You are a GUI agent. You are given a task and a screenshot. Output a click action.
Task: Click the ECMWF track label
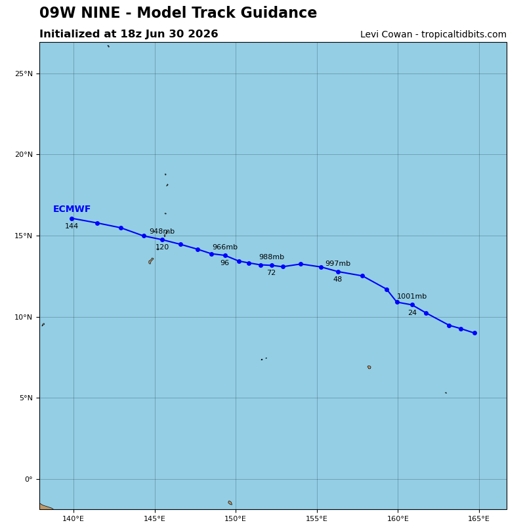(72, 209)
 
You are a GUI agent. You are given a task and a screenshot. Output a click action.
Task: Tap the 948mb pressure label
(162, 232)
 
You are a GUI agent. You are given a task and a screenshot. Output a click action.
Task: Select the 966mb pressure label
(225, 247)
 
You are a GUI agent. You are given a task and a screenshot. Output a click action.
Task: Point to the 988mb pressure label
(272, 257)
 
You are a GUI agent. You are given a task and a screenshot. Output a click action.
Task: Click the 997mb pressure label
(338, 264)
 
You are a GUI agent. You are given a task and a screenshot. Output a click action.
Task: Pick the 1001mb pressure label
(412, 297)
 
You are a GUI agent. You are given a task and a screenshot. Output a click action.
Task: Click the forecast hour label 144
(72, 226)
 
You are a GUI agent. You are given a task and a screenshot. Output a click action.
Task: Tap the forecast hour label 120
(162, 247)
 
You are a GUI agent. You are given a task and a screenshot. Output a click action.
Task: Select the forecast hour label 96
(224, 263)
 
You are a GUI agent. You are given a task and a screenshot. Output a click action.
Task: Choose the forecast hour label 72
(271, 273)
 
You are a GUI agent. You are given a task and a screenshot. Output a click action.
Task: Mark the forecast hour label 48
(337, 280)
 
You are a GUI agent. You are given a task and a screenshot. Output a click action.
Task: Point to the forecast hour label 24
(412, 313)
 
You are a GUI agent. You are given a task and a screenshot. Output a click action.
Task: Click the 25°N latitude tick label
(24, 73)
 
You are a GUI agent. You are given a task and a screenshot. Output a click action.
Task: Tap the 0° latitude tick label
(29, 479)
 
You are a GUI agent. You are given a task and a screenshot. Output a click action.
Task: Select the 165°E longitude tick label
(479, 519)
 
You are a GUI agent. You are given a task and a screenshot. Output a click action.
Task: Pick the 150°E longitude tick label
(236, 519)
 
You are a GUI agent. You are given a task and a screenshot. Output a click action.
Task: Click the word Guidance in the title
(278, 12)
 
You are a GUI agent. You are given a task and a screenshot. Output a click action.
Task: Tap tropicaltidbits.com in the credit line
(464, 35)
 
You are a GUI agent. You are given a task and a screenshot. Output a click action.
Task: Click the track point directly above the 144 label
(72, 219)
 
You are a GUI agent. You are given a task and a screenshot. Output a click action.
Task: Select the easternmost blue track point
(474, 333)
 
